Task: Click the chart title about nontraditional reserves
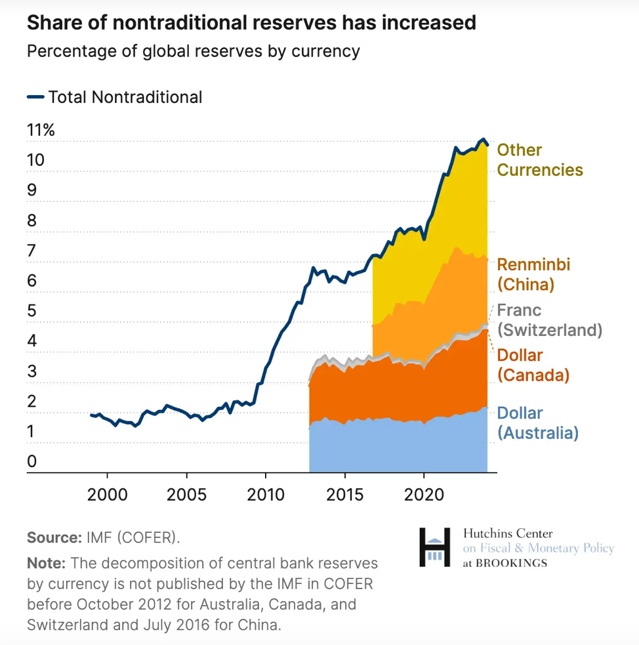[x=251, y=23]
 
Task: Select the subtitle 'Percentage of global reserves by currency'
[x=193, y=51]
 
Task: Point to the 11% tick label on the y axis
[x=41, y=130]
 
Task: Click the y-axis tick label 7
[x=32, y=250]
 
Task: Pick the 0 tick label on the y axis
[x=32, y=462]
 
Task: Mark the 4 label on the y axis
[x=32, y=341]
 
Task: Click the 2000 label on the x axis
[x=108, y=493]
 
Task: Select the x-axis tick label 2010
[x=266, y=493]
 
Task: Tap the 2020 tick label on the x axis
[x=424, y=493]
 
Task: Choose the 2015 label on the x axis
[x=345, y=493]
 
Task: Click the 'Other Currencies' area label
[x=539, y=160]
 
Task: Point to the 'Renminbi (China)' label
[x=533, y=274]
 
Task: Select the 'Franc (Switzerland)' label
[x=549, y=320]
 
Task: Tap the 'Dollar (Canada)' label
[x=533, y=365]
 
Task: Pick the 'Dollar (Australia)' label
[x=538, y=423]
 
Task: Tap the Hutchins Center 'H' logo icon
[x=435, y=547]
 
